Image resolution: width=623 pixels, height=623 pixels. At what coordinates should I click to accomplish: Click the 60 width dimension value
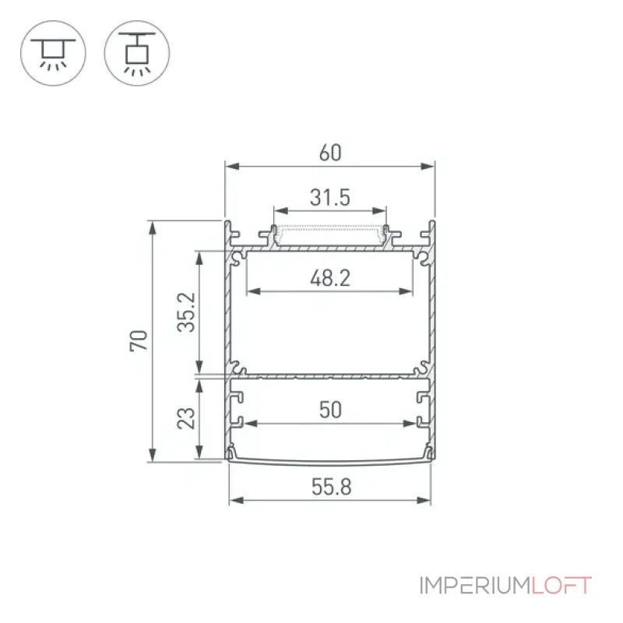pyautogui.click(x=330, y=153)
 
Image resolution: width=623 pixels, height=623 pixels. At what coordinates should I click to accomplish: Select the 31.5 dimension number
pyautogui.click(x=330, y=198)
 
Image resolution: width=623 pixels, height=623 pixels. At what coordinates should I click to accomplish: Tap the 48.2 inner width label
pyautogui.click(x=330, y=278)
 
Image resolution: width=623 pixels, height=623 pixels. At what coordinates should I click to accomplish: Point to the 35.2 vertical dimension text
pyautogui.click(x=186, y=312)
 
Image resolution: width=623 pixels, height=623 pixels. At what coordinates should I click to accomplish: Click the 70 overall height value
pyautogui.click(x=139, y=341)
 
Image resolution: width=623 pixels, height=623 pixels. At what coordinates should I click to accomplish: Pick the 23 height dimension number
pyautogui.click(x=186, y=418)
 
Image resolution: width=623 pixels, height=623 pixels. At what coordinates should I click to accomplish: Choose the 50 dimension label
pyautogui.click(x=330, y=410)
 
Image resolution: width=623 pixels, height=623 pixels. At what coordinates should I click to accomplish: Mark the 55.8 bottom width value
pyautogui.click(x=332, y=487)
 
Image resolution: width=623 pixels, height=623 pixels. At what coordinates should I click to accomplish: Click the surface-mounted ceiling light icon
pyautogui.click(x=53, y=53)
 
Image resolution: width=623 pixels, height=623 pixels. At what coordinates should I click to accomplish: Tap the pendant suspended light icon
pyautogui.click(x=137, y=53)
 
